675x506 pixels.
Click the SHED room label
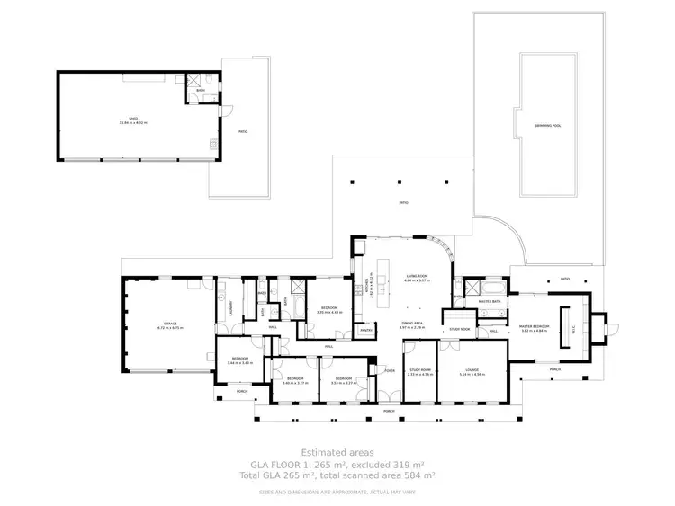click(x=131, y=120)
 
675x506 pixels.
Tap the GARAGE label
click(x=170, y=325)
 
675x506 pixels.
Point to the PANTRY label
click(x=366, y=331)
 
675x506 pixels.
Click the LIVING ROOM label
click(x=416, y=277)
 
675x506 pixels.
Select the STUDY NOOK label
click(x=459, y=330)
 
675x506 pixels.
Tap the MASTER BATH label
click(x=490, y=302)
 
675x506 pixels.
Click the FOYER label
click(x=390, y=370)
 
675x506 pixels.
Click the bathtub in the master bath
click(x=490, y=289)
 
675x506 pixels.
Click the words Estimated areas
click(x=337, y=453)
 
